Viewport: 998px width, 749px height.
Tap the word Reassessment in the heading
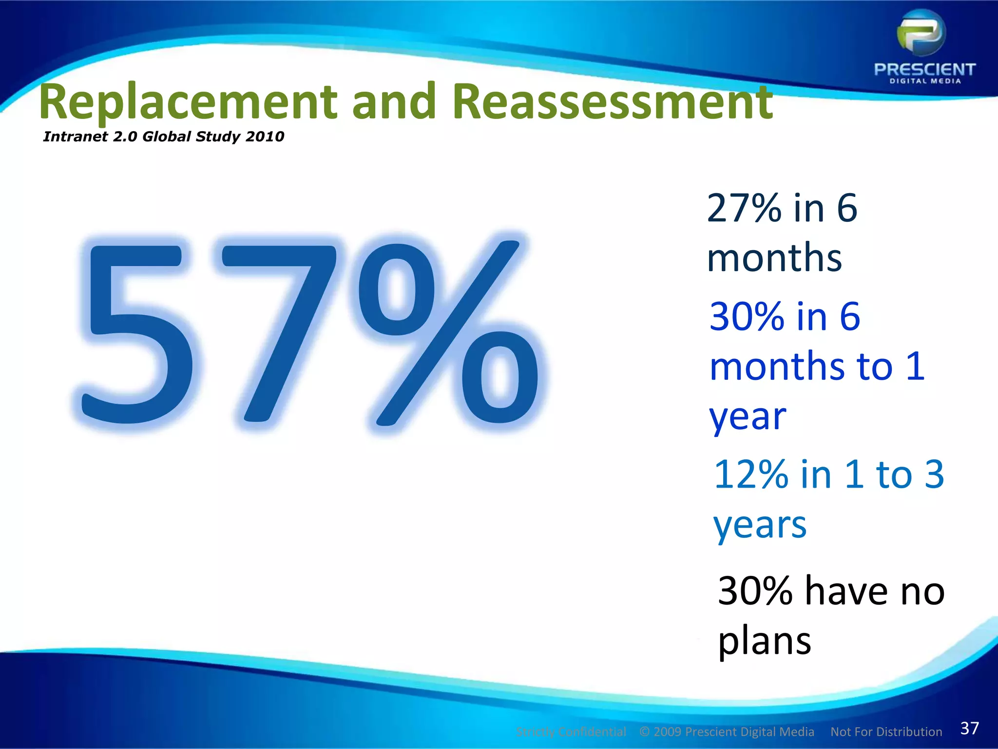click(x=612, y=102)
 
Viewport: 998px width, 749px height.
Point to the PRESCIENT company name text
click(x=924, y=69)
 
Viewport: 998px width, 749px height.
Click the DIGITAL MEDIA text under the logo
click(x=925, y=81)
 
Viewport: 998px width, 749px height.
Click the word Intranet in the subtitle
click(x=75, y=137)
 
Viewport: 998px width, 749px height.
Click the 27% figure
click(x=745, y=209)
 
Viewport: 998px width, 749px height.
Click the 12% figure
click(x=751, y=474)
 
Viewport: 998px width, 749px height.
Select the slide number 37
click(x=969, y=728)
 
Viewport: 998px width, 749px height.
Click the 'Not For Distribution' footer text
click(x=886, y=732)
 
